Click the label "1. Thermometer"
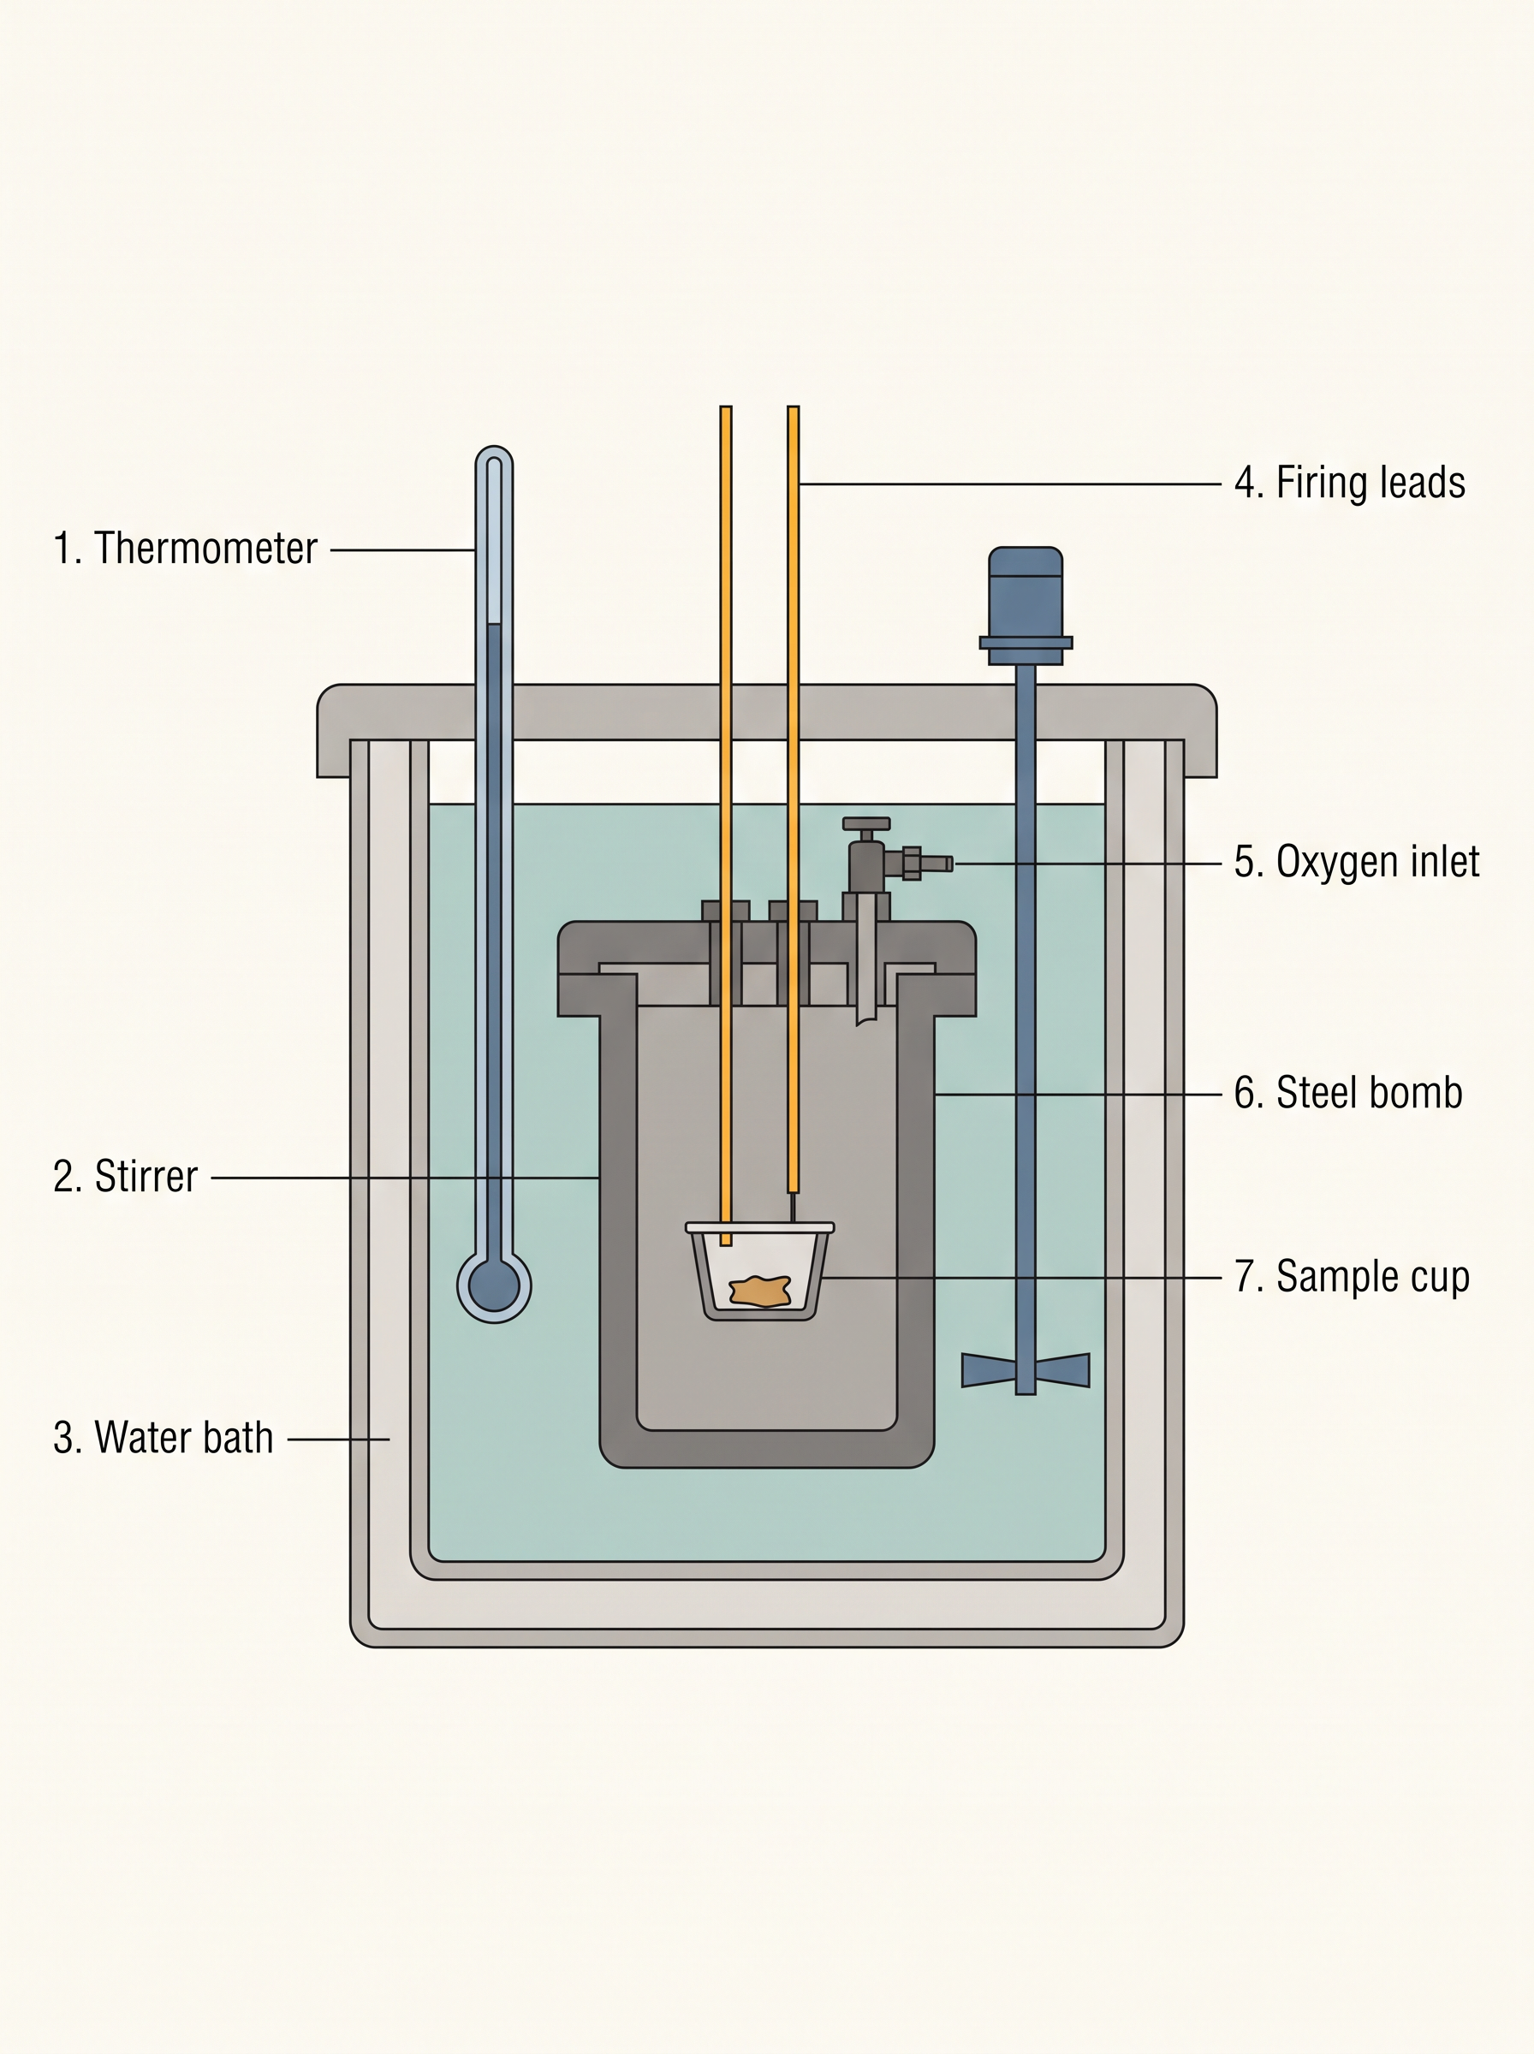point(186,549)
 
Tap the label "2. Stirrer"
point(125,1177)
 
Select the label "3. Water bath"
point(164,1438)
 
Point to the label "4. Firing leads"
point(1349,483)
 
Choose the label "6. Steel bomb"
point(1348,1092)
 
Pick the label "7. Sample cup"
point(1352,1277)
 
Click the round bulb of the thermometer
point(494,1285)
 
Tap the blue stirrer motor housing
point(1026,605)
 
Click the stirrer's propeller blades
point(1026,1370)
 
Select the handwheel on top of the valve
point(866,823)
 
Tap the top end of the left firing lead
point(726,407)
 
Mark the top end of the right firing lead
point(793,407)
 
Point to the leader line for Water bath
point(338,1440)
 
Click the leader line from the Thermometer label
point(403,550)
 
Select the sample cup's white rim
point(759,1227)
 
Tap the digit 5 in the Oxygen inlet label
point(1243,860)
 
